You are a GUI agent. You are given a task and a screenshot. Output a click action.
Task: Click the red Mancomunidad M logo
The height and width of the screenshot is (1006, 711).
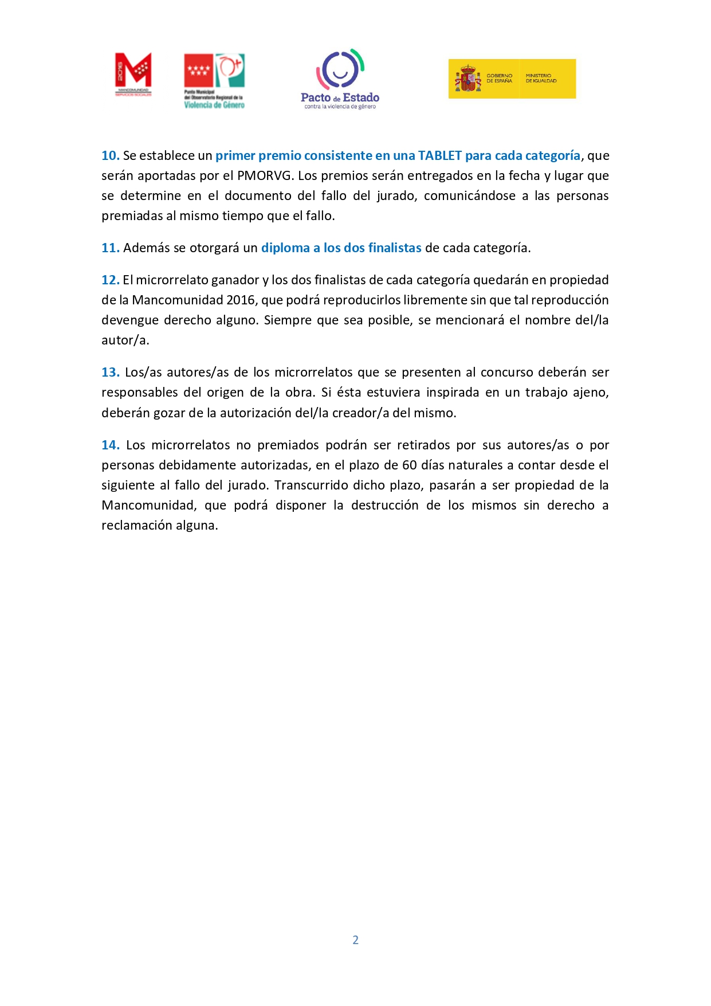pyautogui.click(x=133, y=74)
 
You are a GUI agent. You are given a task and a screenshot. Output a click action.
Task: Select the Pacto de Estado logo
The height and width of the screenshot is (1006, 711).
pyautogui.click(x=340, y=79)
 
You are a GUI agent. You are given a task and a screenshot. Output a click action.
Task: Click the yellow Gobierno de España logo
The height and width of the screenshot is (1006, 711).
pyautogui.click(x=512, y=79)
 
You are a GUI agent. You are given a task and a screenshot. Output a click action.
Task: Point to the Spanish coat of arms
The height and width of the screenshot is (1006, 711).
pyautogui.click(x=468, y=79)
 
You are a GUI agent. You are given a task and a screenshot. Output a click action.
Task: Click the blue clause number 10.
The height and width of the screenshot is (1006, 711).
pyautogui.click(x=110, y=156)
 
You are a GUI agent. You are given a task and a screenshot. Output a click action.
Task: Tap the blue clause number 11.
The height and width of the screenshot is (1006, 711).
pyautogui.click(x=110, y=248)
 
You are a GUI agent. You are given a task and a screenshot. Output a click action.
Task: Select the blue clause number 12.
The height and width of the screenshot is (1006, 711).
pyautogui.click(x=110, y=280)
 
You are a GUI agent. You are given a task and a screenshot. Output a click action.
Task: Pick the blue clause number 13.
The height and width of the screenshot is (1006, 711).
pyautogui.click(x=110, y=373)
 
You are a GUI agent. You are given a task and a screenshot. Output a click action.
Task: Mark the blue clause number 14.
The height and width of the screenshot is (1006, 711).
pyautogui.click(x=110, y=445)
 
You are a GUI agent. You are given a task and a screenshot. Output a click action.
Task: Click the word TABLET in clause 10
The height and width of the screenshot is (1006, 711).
pyautogui.click(x=439, y=156)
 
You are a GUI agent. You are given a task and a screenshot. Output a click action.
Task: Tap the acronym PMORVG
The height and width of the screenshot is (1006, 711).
pyautogui.click(x=264, y=176)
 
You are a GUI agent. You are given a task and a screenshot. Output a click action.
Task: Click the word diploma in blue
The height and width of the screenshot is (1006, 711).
pyautogui.click(x=285, y=248)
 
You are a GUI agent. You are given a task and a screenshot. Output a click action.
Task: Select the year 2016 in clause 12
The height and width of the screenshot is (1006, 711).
pyautogui.click(x=241, y=300)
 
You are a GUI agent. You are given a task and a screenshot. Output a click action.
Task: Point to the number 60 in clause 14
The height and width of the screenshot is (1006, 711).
pyautogui.click(x=409, y=465)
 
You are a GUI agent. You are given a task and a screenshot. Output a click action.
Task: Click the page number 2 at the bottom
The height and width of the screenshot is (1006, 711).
pyautogui.click(x=355, y=940)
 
